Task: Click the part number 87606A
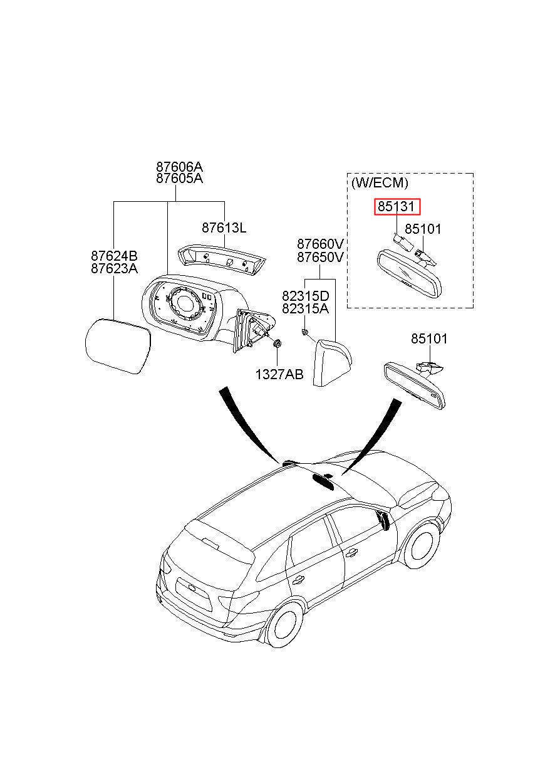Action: (179, 167)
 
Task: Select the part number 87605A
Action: (179, 178)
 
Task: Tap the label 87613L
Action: (224, 228)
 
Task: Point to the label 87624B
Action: (114, 256)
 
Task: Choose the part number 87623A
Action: (114, 268)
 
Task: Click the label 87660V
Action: (320, 244)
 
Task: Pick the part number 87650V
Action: (320, 257)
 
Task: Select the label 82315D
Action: (305, 296)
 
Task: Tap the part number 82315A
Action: (305, 309)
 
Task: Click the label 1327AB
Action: (279, 374)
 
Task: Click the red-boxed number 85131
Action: (397, 206)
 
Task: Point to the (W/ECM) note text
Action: (380, 183)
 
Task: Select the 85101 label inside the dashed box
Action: (423, 229)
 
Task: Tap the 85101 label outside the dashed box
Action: (429, 339)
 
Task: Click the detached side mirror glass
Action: (118, 345)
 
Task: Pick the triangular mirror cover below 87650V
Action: (332, 362)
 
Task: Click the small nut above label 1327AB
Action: (277, 344)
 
